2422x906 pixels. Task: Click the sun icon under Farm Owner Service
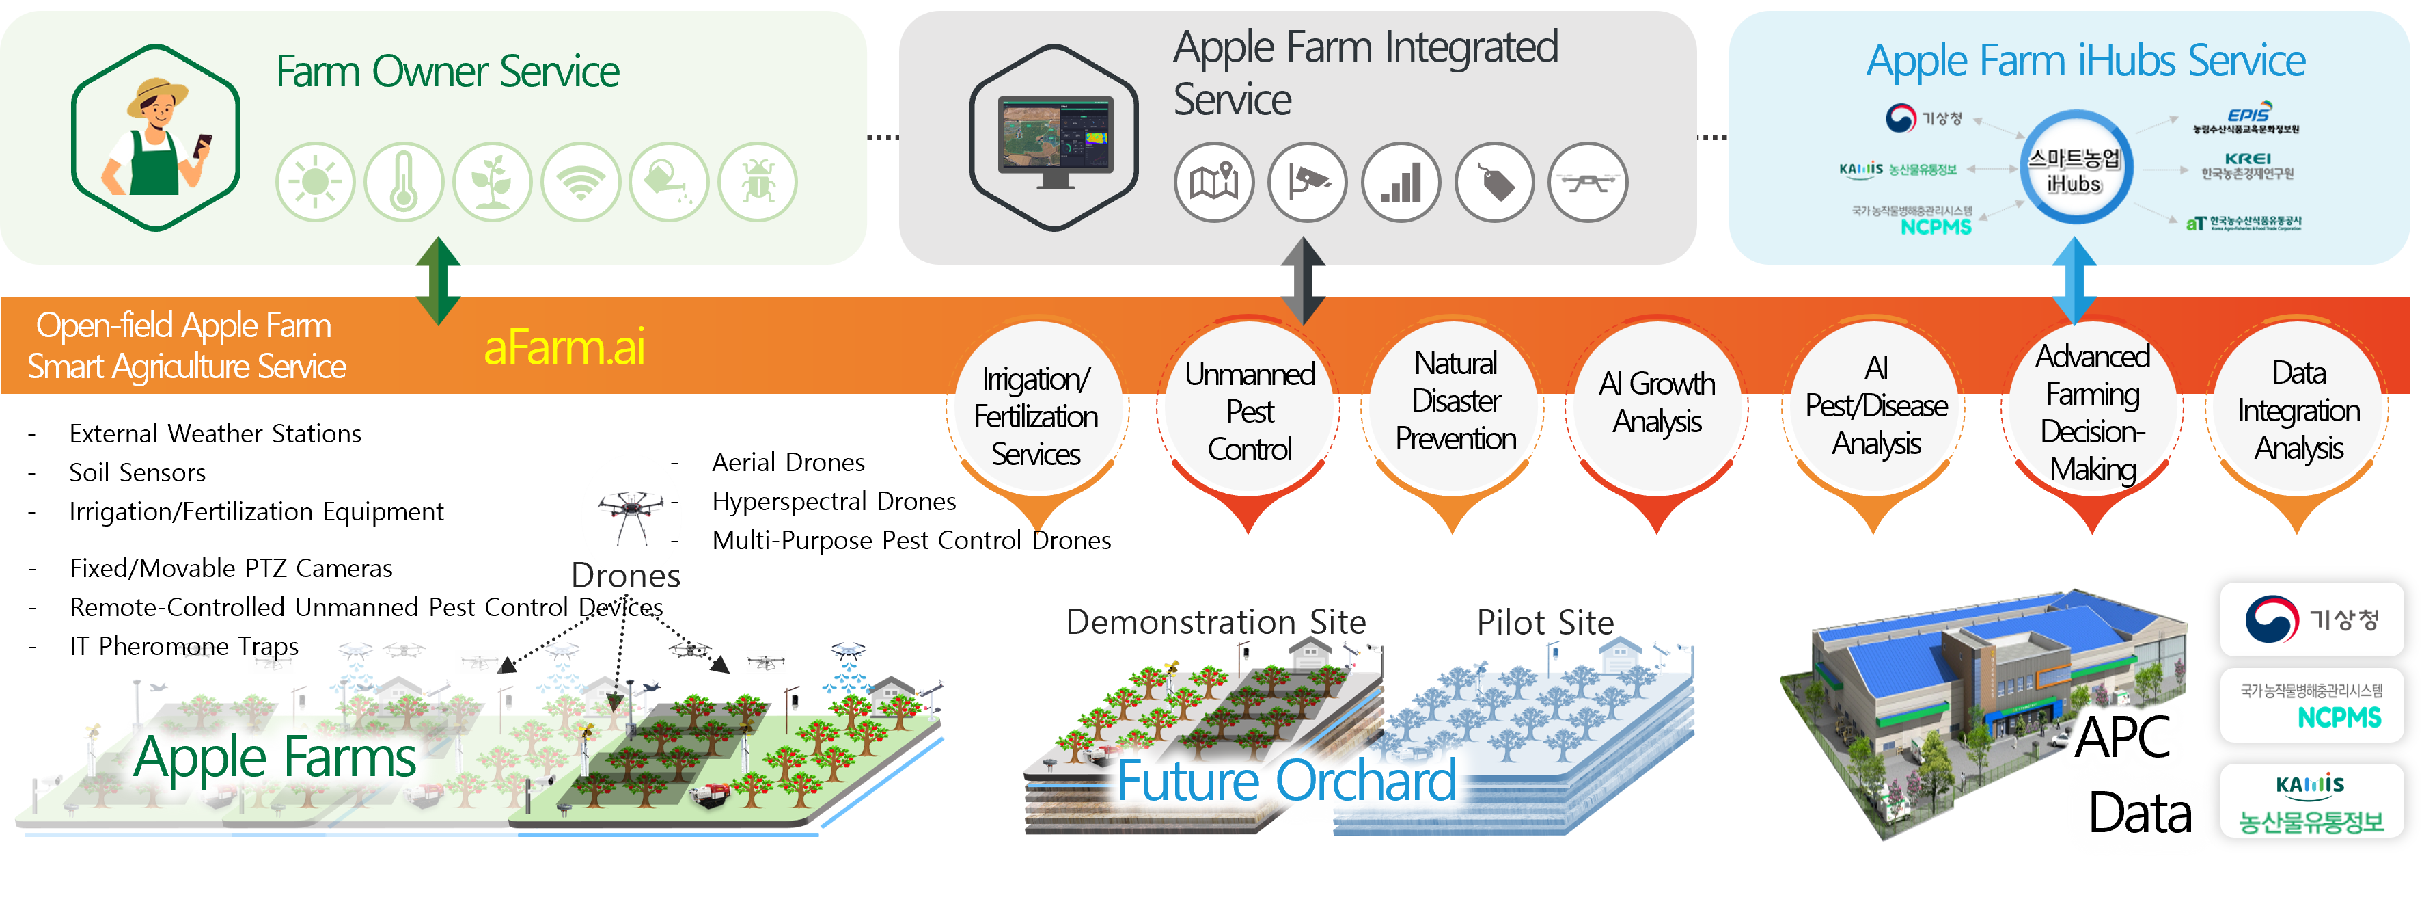tap(315, 182)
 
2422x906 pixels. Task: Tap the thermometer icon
tap(403, 182)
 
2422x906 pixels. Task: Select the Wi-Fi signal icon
tap(581, 182)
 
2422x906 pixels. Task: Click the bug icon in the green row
tap(758, 182)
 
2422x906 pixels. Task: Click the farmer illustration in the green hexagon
tap(156, 137)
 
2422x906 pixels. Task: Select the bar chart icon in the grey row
tap(1401, 182)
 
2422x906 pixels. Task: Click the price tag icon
tap(1495, 182)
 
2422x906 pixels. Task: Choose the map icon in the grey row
tap(1214, 182)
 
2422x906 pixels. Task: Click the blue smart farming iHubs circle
tap(2075, 168)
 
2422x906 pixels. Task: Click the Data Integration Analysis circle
tap(2299, 410)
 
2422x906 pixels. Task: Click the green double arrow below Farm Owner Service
tap(438, 280)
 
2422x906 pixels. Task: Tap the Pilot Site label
tap(1545, 622)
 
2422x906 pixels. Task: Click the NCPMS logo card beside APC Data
tap(2312, 706)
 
